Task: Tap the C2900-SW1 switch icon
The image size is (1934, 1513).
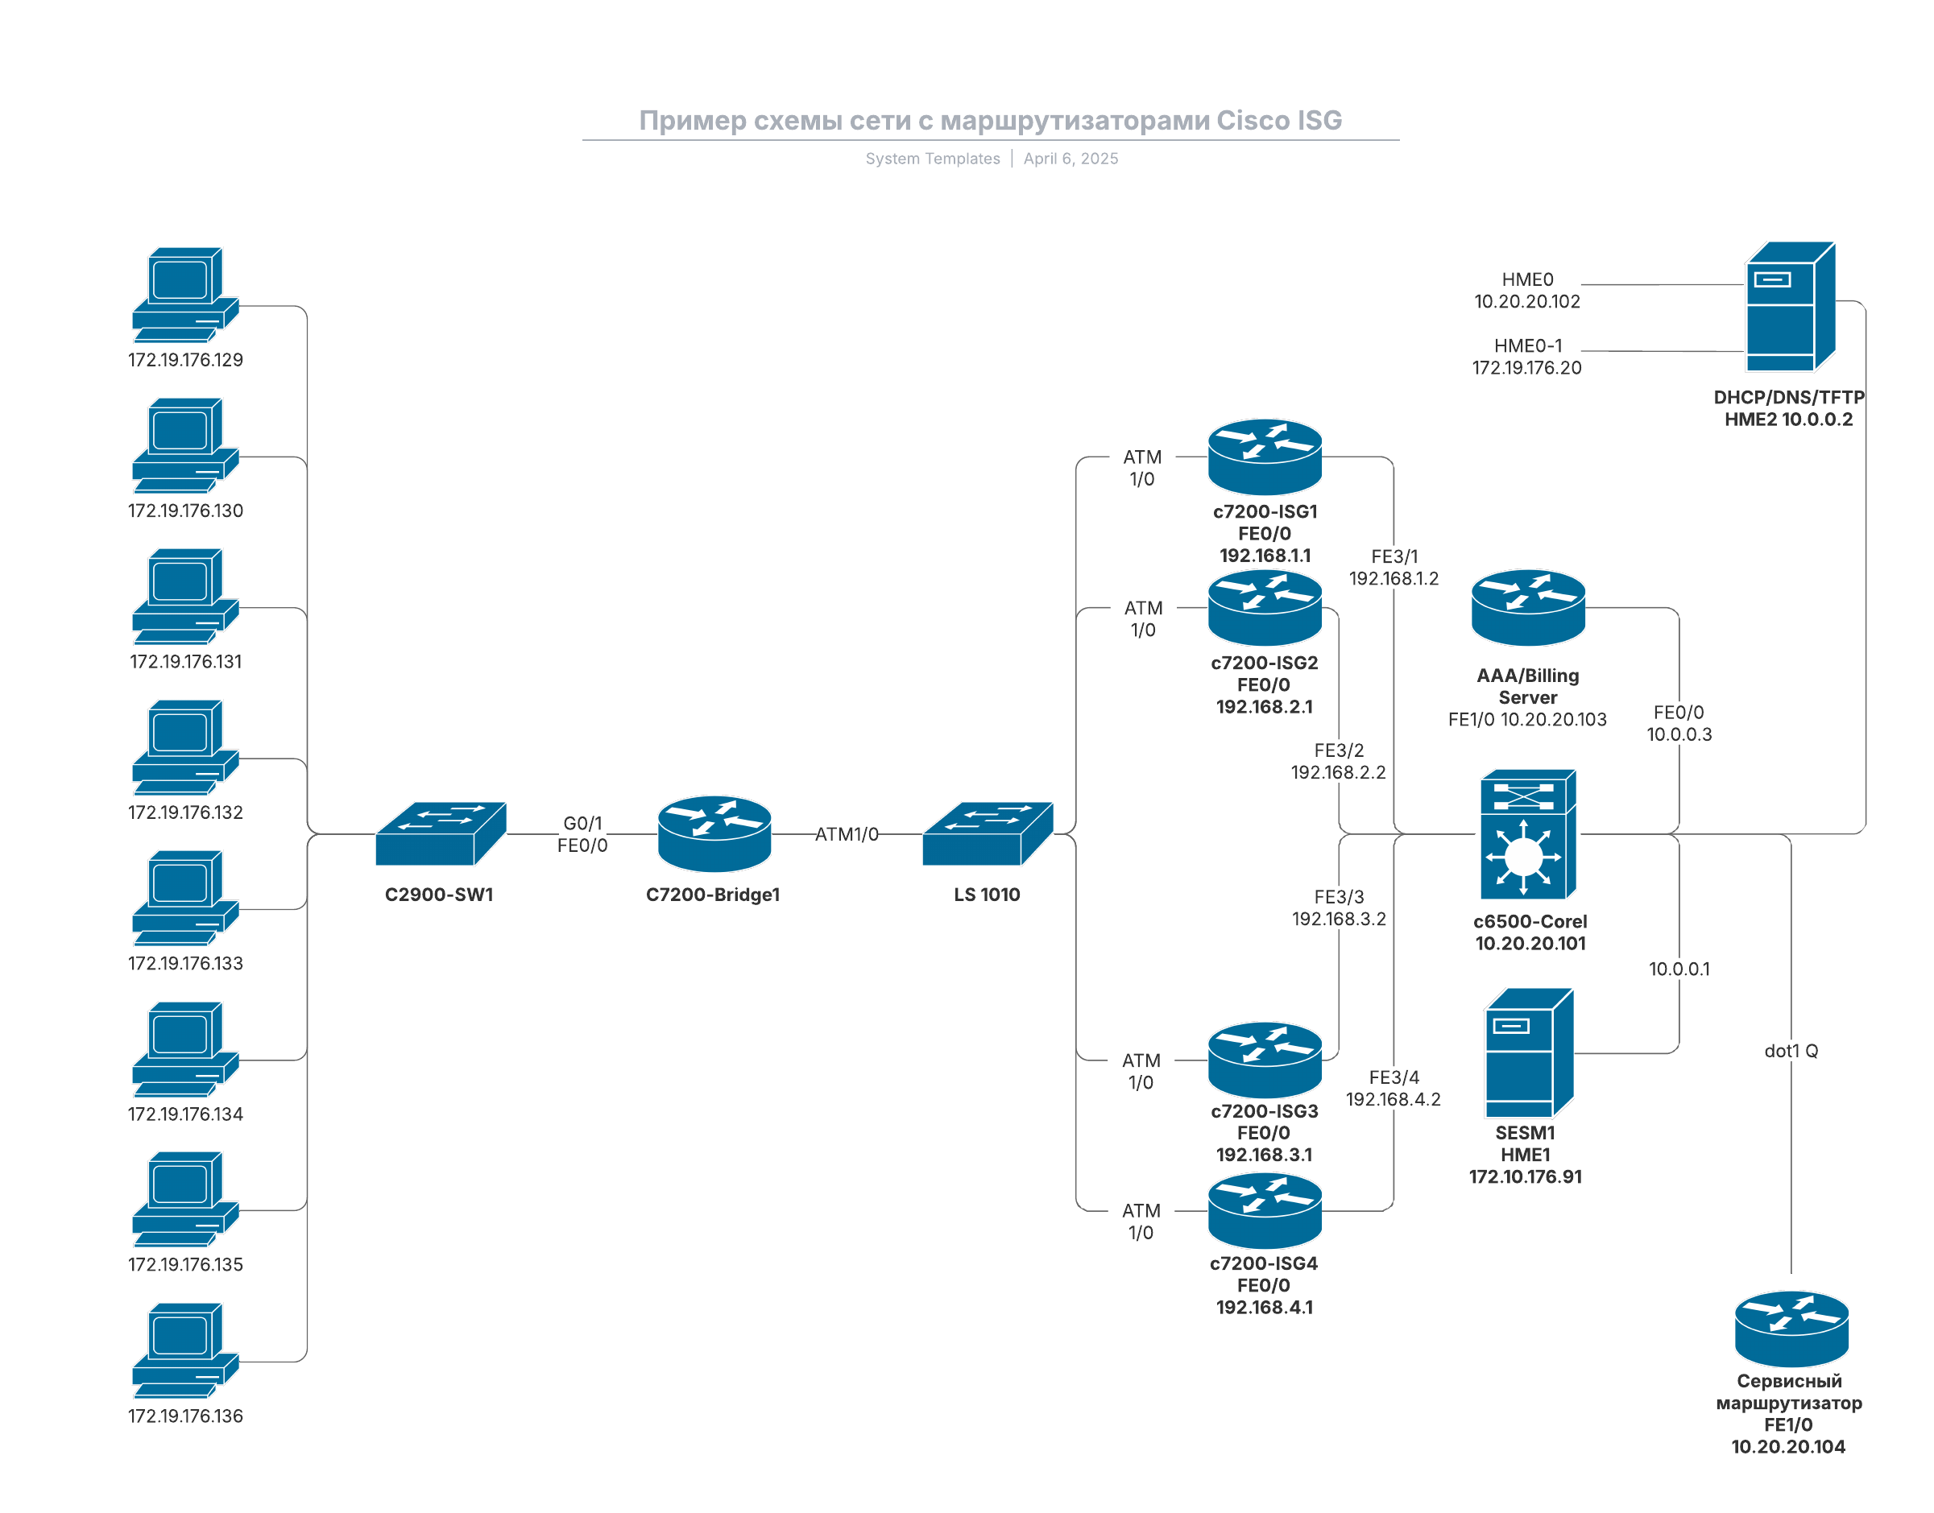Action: [x=441, y=833]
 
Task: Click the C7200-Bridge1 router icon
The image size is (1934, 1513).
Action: [x=714, y=833]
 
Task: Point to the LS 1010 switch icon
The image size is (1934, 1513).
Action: [x=987, y=833]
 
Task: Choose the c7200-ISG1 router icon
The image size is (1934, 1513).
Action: [x=1265, y=457]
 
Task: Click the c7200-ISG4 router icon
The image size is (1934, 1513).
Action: [x=1265, y=1211]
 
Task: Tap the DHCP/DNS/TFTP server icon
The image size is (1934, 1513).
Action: [x=1789, y=307]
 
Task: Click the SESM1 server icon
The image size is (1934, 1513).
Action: [x=1528, y=1053]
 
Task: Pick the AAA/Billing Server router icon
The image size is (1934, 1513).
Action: [x=1527, y=608]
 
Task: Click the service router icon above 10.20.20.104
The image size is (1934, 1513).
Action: [x=1791, y=1329]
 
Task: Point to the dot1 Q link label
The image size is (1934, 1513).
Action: [x=1791, y=1051]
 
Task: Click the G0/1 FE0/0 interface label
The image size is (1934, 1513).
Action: [x=582, y=834]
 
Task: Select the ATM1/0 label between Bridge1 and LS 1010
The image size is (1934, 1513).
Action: [x=846, y=834]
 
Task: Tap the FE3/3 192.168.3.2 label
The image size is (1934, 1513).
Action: [x=1338, y=908]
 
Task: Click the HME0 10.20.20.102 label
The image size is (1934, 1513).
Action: [x=1526, y=291]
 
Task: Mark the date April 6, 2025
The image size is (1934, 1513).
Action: [x=1071, y=159]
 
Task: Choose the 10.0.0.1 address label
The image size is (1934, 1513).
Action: [x=1678, y=969]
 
